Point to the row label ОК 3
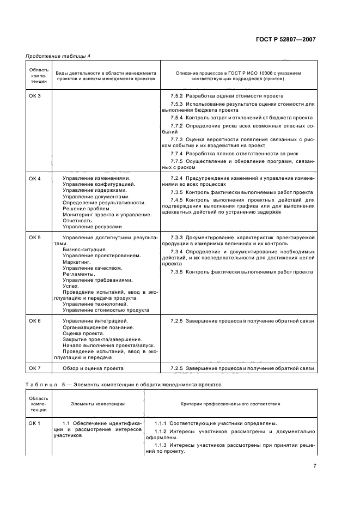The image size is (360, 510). tap(35, 96)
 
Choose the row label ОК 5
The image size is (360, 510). tap(35, 238)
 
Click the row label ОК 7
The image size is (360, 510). tap(35, 369)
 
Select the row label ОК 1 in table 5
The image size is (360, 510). tap(35, 423)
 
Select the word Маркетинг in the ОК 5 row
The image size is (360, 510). tap(77, 262)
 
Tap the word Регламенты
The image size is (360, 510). tap(78, 274)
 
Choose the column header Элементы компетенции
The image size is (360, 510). tap(97, 404)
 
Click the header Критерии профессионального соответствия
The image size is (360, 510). tap(230, 404)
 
